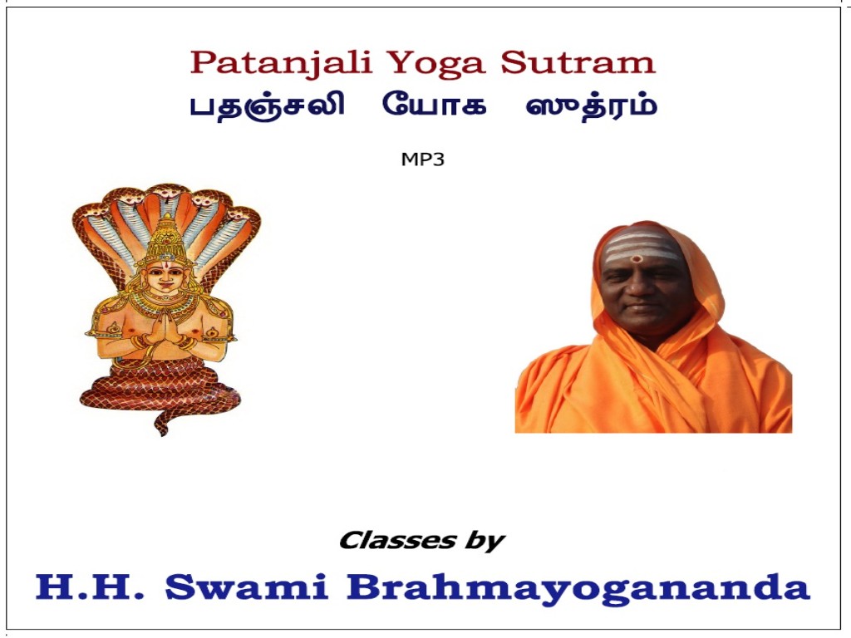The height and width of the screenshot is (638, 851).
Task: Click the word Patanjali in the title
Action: [x=281, y=63]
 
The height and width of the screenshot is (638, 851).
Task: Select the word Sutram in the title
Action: [x=578, y=63]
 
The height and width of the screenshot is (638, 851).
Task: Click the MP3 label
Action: [x=423, y=159]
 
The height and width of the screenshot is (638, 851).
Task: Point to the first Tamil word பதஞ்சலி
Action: [x=267, y=106]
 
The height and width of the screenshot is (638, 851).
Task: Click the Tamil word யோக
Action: [x=434, y=104]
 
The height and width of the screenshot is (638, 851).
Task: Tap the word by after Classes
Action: [x=485, y=542]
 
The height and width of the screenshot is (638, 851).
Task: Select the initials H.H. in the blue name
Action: [x=90, y=586]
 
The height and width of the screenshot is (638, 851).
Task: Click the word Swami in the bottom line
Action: [x=246, y=586]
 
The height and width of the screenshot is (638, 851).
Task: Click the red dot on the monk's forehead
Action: [x=637, y=258]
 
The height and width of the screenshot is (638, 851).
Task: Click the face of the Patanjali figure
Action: [x=165, y=277]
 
